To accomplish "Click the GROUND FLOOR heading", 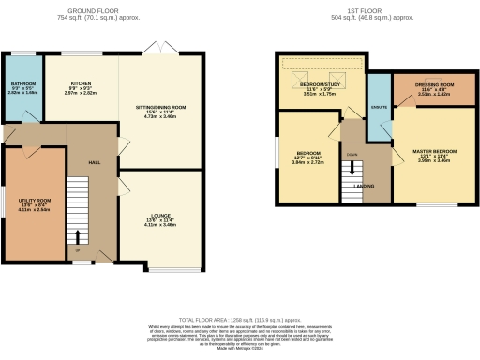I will click(x=105, y=12).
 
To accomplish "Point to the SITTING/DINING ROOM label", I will click(x=166, y=108).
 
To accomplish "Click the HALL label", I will click(x=94, y=162).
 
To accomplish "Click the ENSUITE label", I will click(x=380, y=107).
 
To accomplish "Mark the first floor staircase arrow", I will click(x=354, y=170).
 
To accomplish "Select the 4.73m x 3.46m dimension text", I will click(x=166, y=117).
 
